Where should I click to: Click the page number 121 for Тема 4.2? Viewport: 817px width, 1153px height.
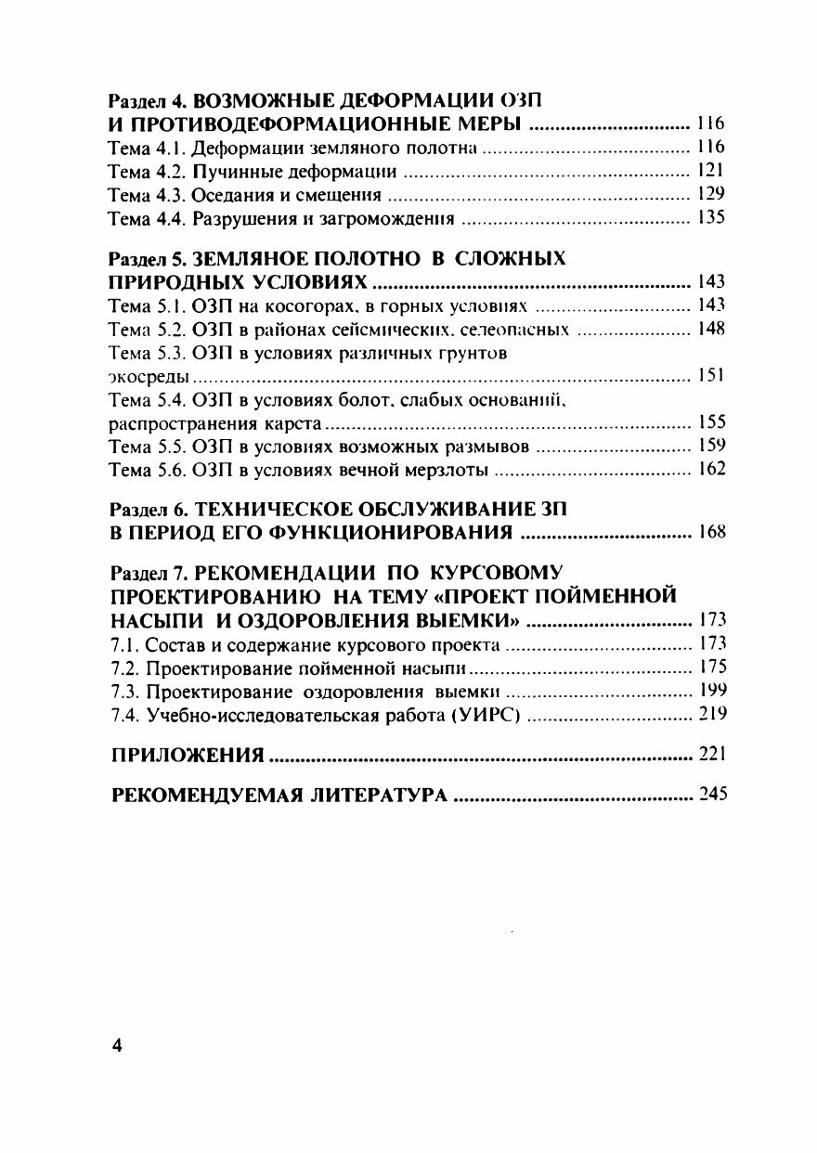711,171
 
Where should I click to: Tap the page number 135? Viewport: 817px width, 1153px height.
711,219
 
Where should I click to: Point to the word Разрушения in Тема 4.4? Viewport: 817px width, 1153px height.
239,219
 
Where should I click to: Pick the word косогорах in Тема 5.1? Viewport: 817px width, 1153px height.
293,305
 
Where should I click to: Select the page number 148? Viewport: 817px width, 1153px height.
711,329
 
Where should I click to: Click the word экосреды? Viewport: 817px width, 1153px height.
149,377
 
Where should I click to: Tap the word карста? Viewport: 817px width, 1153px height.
294,424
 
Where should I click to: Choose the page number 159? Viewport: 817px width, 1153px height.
711,447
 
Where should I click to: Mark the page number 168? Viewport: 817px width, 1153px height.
711,533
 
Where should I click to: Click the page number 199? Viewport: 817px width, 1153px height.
711,690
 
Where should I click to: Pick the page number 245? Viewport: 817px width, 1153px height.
711,795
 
